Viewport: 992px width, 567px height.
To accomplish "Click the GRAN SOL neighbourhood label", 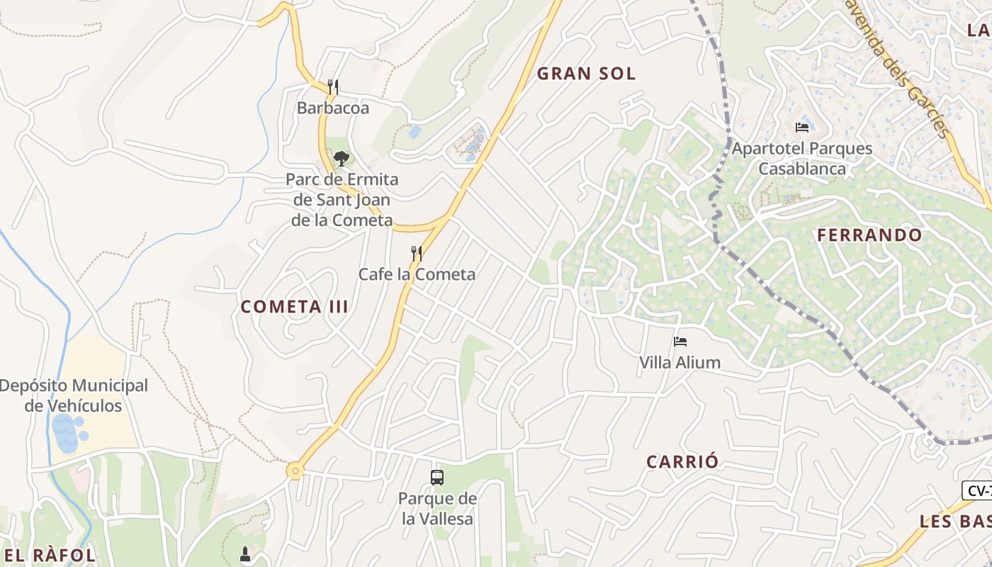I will tap(586, 73).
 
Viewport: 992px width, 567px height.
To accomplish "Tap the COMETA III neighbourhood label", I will tap(294, 307).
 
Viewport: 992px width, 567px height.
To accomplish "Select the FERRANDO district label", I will tap(869, 235).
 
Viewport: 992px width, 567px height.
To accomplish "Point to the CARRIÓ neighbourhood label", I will tap(682, 461).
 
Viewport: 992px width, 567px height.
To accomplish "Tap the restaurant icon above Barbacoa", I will tap(332, 87).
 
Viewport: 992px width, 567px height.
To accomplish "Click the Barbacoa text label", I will tap(333, 108).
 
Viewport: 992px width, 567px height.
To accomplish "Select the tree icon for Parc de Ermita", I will tap(342, 158).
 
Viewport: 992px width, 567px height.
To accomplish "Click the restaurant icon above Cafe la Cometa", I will tap(417, 253).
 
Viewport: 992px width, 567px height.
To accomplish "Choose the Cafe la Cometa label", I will tap(417, 274).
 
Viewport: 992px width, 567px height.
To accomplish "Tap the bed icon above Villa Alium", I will tap(680, 342).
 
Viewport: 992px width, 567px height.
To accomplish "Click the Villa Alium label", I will tap(680, 363).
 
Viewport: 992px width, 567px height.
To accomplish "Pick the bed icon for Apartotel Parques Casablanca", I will tap(802, 128).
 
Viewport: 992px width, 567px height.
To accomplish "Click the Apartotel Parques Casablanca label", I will tap(802, 159).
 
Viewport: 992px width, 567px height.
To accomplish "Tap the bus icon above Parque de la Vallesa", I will tap(437, 478).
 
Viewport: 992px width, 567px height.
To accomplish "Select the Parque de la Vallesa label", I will tap(437, 509).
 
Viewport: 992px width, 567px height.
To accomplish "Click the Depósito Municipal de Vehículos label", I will tap(74, 396).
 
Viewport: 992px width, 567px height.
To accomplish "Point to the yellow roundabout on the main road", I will tap(295, 470).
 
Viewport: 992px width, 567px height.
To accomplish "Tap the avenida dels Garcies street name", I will tap(896, 67).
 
